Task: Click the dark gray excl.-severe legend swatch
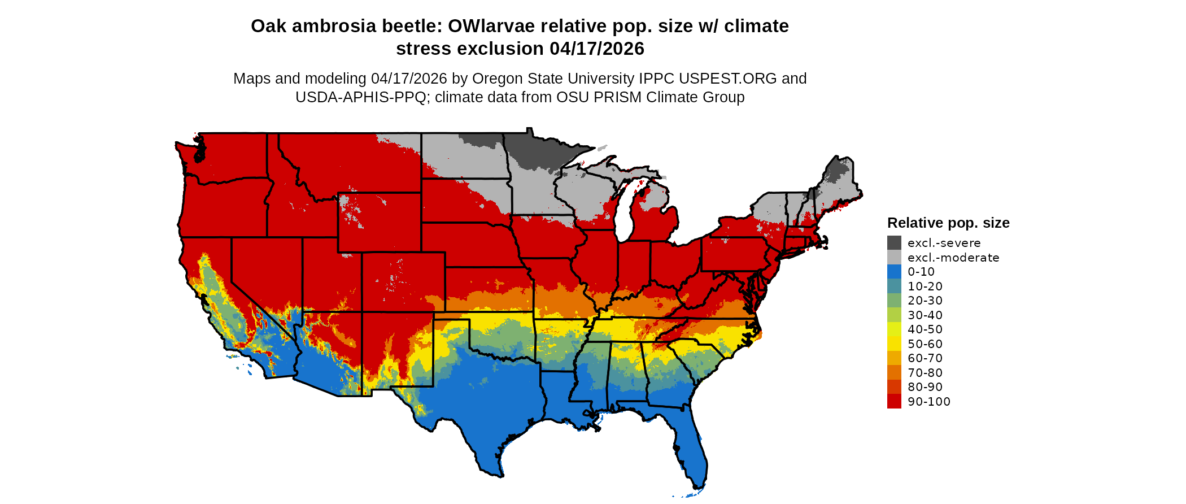894,243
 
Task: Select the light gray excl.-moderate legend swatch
894,258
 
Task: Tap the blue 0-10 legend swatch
894,272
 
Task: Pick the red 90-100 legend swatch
894,402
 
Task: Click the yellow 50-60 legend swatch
894,344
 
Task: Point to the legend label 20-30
925,301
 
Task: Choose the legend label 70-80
925,373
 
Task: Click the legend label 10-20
925,286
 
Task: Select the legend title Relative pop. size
948,223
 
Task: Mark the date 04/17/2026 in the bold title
597,49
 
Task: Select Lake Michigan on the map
623,215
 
